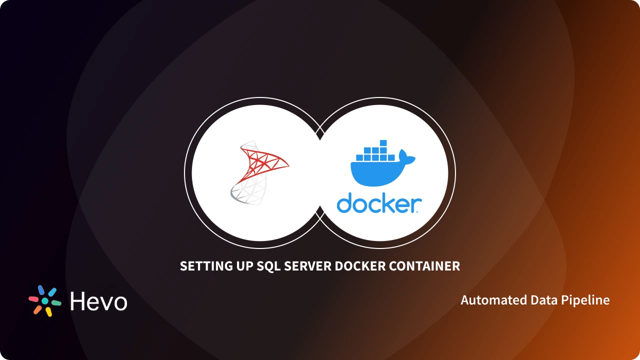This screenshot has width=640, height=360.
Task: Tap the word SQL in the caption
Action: [x=268, y=266]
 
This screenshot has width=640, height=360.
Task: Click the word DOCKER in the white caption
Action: [x=361, y=266]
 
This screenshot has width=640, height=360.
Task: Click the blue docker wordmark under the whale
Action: [x=379, y=204]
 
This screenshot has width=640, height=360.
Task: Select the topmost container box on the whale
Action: [x=383, y=143]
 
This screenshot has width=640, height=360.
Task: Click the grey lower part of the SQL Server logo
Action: [x=244, y=192]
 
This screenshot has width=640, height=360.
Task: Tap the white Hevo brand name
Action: [x=98, y=301]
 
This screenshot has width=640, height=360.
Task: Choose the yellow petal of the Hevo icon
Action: [x=48, y=311]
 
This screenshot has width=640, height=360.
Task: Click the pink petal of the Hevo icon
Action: [x=33, y=298]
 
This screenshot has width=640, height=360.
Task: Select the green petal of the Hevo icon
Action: [x=56, y=303]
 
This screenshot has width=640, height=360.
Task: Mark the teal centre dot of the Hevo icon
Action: [x=45, y=301]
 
